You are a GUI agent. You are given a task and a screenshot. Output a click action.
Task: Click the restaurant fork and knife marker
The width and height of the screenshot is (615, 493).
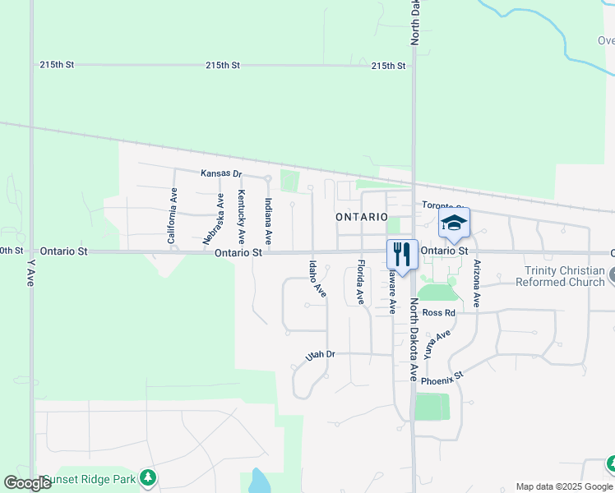[402, 252]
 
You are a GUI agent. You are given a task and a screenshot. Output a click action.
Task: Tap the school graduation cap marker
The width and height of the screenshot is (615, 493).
[454, 222]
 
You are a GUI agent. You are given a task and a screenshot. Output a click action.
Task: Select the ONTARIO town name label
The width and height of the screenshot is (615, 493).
[362, 217]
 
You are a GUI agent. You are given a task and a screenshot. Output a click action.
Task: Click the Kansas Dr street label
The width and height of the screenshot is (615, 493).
[221, 174]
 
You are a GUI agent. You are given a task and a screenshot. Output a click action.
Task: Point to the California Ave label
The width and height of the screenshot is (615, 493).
[173, 216]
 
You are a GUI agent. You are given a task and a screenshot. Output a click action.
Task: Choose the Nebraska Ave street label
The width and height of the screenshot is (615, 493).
[214, 219]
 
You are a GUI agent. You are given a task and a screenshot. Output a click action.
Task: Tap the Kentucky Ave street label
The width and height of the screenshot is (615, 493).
[241, 217]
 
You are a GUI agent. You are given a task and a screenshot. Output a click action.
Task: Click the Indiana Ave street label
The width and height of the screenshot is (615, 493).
[268, 220]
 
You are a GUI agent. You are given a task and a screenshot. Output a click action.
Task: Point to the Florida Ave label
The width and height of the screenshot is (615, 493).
[360, 281]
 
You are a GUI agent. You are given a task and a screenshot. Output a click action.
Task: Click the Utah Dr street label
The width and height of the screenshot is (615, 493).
[321, 355]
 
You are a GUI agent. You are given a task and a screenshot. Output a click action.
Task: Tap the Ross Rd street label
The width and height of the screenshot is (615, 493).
[438, 313]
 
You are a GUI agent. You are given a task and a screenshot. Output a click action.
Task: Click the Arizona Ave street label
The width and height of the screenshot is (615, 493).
[476, 285]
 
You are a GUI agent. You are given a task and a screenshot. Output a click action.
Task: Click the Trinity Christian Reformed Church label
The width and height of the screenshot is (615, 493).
[559, 276]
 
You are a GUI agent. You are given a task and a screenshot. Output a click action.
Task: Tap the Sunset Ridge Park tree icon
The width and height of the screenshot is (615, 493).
[147, 477]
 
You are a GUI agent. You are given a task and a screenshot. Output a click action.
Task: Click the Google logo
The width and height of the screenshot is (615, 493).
[27, 483]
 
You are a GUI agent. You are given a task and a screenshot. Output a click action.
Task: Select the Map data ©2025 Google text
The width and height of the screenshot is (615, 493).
[563, 486]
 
